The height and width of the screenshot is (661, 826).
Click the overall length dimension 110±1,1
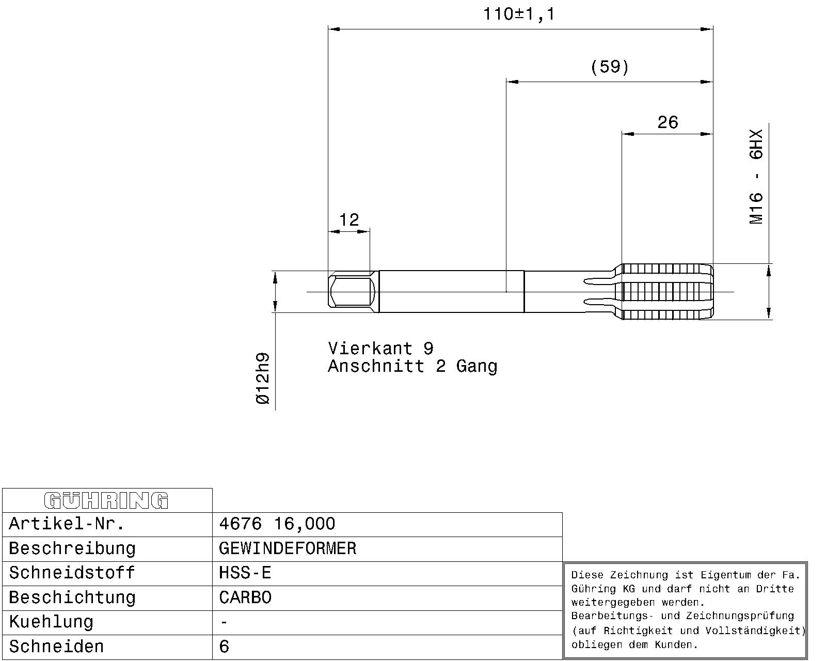coord(519,14)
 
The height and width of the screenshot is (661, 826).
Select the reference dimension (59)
coord(610,67)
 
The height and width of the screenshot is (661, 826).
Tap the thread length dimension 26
coord(668,122)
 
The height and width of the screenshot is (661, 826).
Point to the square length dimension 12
coord(349,219)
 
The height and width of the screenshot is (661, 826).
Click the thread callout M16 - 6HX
coord(756,177)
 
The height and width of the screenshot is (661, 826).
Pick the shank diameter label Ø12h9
coord(263,379)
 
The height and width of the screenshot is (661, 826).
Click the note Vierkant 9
coord(381,349)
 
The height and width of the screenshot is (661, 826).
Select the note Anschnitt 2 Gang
coord(412,366)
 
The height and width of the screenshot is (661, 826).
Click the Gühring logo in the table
coord(106,500)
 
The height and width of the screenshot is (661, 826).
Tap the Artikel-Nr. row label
coord(67,524)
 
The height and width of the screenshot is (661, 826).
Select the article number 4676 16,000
coord(277,524)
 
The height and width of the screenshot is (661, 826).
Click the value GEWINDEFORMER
coord(288,548)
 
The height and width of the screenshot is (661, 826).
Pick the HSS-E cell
coord(245,573)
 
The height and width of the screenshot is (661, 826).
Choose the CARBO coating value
coord(245,597)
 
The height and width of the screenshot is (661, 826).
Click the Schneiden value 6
coord(224,647)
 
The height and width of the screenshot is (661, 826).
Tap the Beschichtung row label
coord(72,598)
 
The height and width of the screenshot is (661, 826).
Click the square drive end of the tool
coord(353,292)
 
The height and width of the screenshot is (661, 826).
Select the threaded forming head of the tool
coord(667,292)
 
